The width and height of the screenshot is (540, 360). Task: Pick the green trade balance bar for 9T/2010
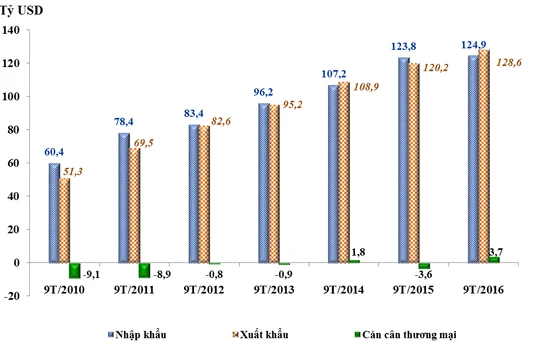point(74,271)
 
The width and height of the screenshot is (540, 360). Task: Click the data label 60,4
point(56,150)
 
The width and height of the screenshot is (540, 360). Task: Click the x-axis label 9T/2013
point(272,289)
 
